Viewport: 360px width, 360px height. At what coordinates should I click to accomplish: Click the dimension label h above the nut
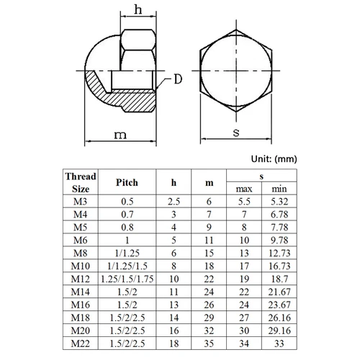coord(130,10)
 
